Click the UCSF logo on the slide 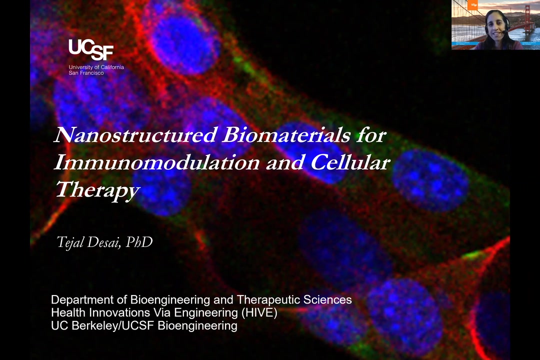coord(91,49)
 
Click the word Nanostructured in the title coord(135,134)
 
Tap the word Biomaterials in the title coord(286,134)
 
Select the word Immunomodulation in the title coord(156,162)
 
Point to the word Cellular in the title coord(350,162)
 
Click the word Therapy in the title coord(97,190)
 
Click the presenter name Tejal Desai coord(88,242)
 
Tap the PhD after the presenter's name coord(139,242)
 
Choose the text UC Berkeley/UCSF coord(102,325)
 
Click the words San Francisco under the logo coord(86,73)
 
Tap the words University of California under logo coord(96,67)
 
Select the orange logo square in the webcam coord(473,4)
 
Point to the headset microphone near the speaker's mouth coord(504,32)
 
